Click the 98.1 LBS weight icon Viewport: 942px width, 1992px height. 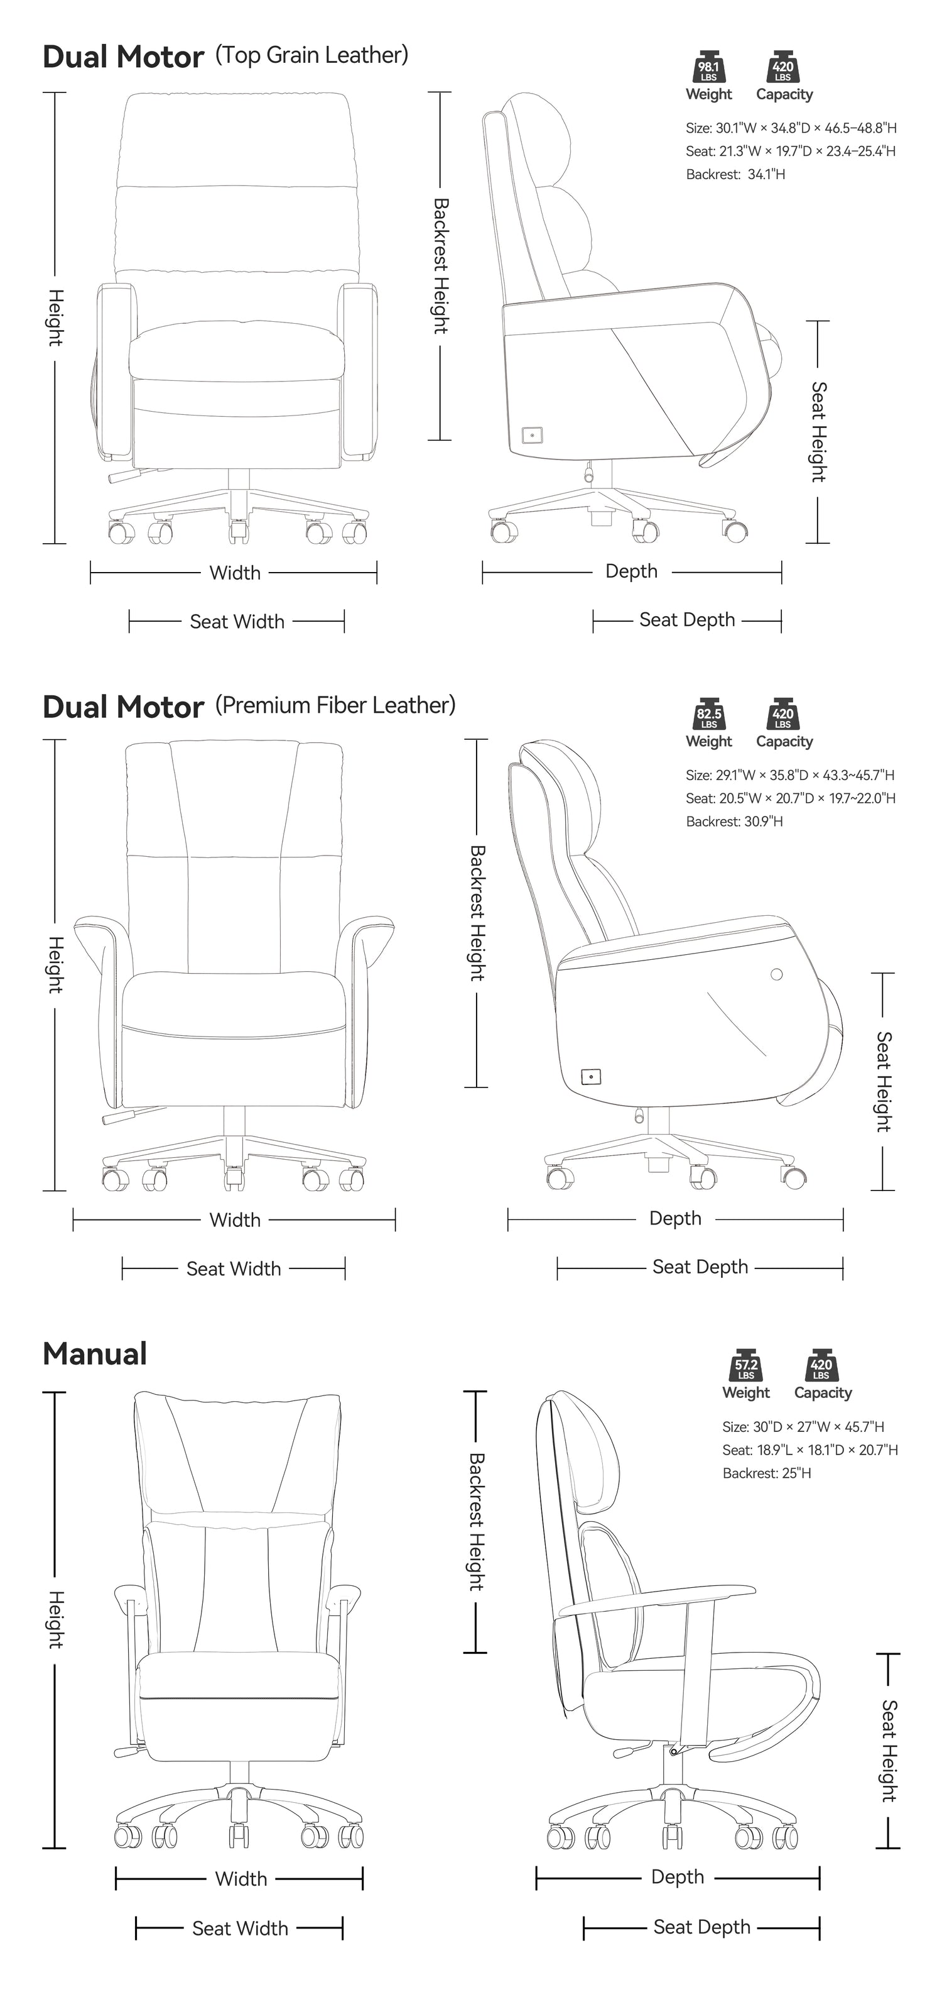708,68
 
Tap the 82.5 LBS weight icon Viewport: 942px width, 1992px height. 708,715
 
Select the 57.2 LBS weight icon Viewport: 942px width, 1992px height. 745,1367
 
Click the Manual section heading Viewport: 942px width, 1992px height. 94,1354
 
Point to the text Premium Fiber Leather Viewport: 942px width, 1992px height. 335,705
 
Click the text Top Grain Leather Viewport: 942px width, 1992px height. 311,55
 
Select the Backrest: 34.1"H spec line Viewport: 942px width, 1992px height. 735,175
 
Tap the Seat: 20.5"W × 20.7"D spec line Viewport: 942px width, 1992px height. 790,798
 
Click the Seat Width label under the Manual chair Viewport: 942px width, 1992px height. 239,1929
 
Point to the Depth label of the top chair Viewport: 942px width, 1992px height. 631,571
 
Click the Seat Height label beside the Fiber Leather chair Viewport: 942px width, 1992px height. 883,1081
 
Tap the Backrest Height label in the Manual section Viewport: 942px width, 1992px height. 476,1522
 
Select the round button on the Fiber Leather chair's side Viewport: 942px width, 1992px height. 777,974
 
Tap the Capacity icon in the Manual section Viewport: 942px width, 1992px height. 821,1367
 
